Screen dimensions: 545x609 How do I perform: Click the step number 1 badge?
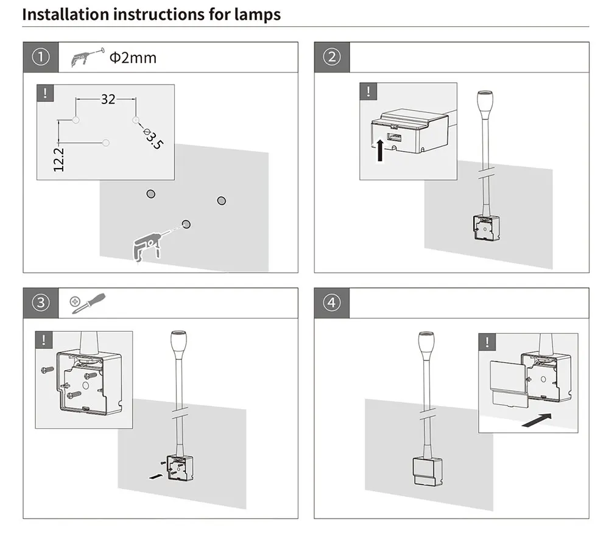click(x=41, y=57)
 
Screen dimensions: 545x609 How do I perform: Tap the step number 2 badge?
click(x=332, y=57)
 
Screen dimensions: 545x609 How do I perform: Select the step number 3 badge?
click(x=41, y=303)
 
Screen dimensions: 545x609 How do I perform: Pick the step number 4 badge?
click(x=332, y=303)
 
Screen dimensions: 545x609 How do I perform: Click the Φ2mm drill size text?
click(x=133, y=58)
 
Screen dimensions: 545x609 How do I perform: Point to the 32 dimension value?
click(x=108, y=99)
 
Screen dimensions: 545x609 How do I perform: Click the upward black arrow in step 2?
click(x=380, y=150)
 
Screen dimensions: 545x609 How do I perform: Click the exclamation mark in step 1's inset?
click(x=45, y=93)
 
